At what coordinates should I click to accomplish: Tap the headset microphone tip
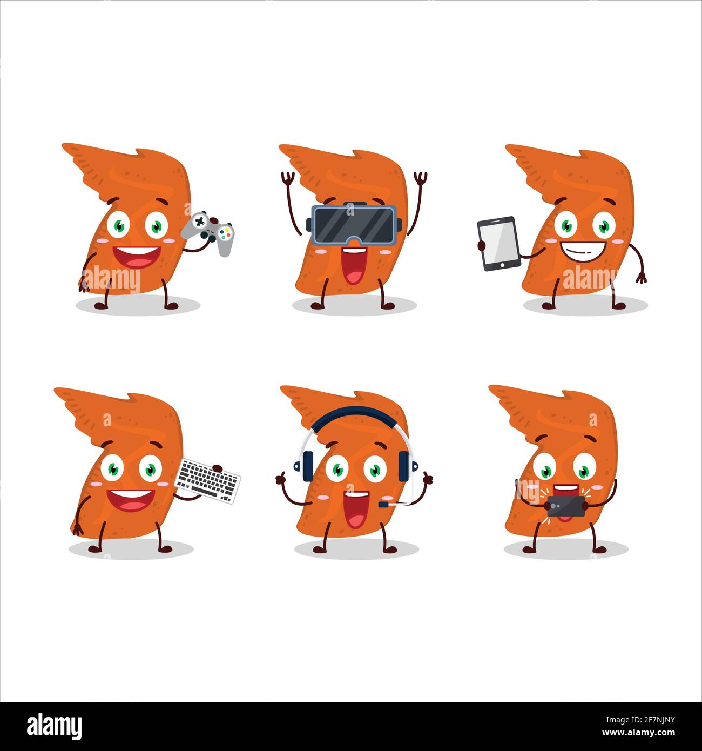click(x=382, y=504)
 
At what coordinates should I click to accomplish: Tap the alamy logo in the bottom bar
click(x=55, y=725)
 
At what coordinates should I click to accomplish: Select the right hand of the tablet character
click(x=641, y=278)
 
